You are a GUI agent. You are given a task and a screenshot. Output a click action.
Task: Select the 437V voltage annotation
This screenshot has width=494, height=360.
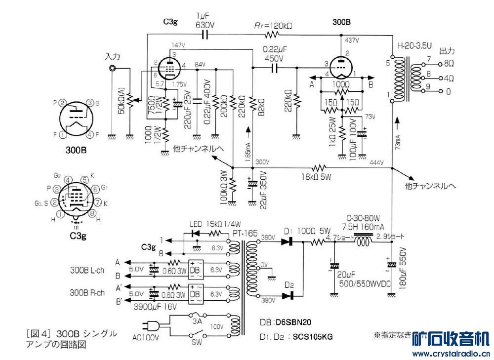pos(352,40)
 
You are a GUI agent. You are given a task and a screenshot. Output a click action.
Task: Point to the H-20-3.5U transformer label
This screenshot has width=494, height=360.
pos(414,45)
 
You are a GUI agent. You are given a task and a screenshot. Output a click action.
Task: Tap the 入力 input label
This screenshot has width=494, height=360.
pos(113,57)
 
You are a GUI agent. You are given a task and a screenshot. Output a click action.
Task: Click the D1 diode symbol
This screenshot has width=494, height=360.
pos(288,242)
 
